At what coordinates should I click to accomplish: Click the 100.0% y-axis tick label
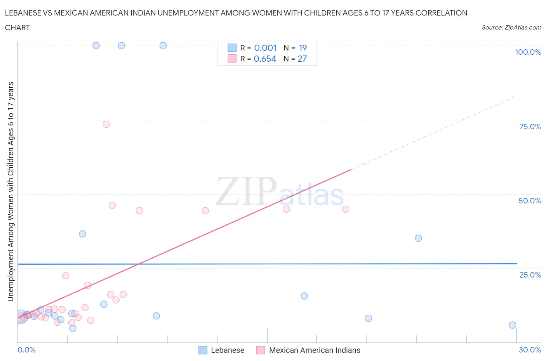point(528,52)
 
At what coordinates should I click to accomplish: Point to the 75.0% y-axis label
point(530,127)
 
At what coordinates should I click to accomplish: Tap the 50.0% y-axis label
point(530,201)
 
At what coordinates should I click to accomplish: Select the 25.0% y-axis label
point(530,275)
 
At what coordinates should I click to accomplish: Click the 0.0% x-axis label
point(26,350)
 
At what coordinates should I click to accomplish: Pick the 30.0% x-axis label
point(530,350)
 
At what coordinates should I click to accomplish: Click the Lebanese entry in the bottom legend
point(227,350)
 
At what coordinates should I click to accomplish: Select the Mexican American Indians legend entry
point(314,350)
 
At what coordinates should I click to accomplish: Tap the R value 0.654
point(265,59)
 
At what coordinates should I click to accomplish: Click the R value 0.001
point(265,48)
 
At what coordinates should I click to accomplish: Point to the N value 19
point(303,48)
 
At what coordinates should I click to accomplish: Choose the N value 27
point(302,59)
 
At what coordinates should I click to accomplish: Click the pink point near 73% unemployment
point(106,124)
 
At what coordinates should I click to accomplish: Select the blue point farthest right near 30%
point(513,325)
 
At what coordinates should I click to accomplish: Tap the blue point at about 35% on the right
point(418,238)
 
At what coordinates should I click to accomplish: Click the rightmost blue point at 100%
point(163,45)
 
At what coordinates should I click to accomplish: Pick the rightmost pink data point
point(346,209)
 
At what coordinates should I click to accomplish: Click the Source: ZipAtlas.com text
point(511,28)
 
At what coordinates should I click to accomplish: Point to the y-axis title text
point(10,191)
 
